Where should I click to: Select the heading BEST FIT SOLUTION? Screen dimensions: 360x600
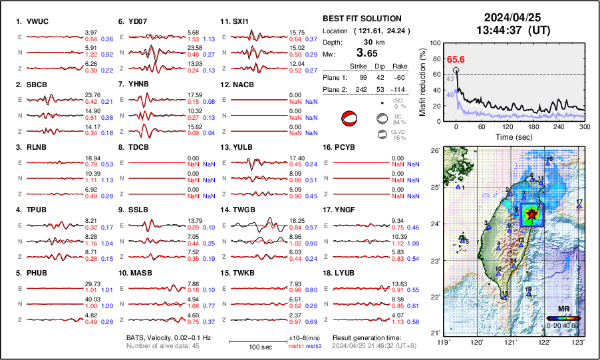[x=361, y=19]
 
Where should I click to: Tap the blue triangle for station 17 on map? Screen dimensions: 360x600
[x=579, y=207]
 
